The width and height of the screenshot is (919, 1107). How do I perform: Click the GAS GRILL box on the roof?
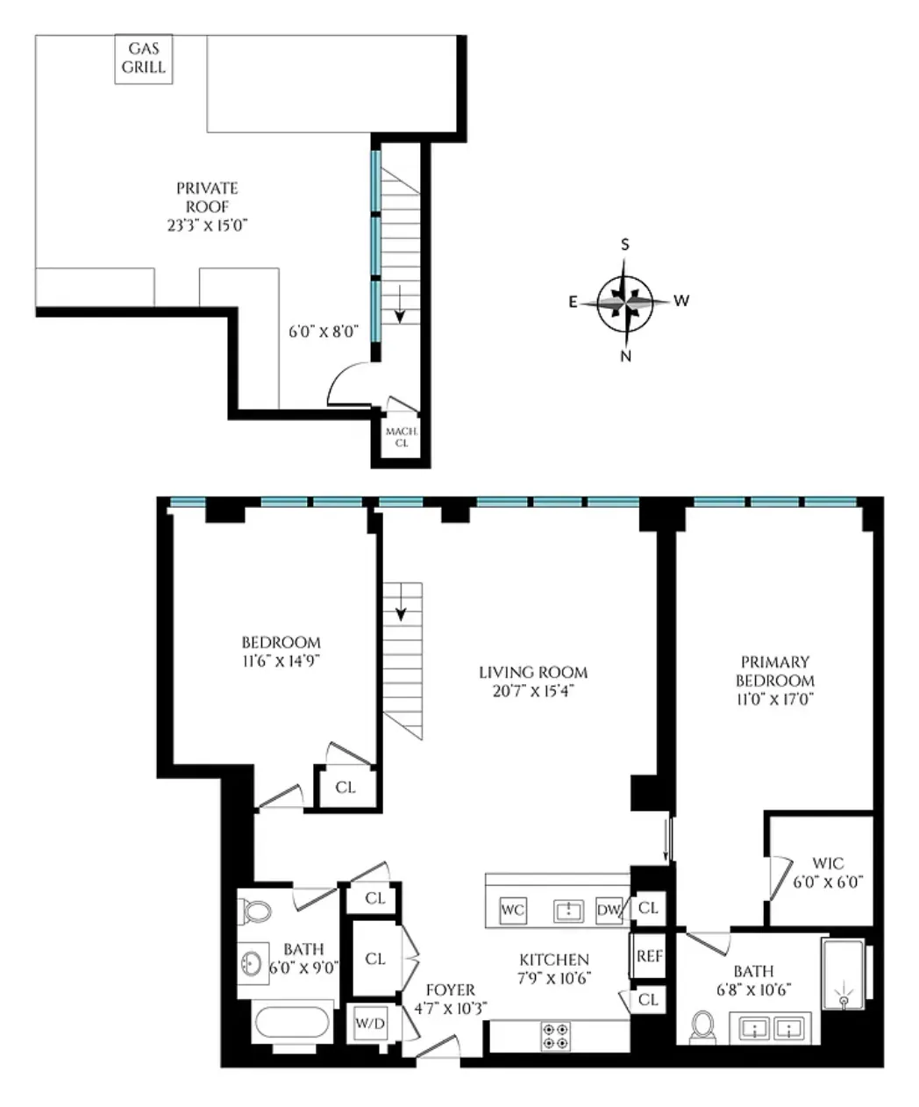pos(143,60)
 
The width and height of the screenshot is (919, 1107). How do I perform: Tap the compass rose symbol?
pos(625,301)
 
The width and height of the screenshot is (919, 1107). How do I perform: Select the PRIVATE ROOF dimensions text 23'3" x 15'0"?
pos(207,225)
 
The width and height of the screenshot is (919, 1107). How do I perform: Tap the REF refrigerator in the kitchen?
pos(649,956)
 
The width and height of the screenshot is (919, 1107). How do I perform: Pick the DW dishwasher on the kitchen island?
pos(609,910)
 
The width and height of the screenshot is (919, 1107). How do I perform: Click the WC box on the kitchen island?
pos(513,910)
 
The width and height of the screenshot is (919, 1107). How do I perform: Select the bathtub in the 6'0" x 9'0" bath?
pos(291,1024)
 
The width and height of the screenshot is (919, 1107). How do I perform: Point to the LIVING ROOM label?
pos(533,673)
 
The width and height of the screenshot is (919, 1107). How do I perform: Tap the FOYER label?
pos(450,989)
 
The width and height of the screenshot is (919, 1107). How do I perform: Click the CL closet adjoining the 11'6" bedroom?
pos(346,787)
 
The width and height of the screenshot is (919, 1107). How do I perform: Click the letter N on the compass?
pos(625,355)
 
